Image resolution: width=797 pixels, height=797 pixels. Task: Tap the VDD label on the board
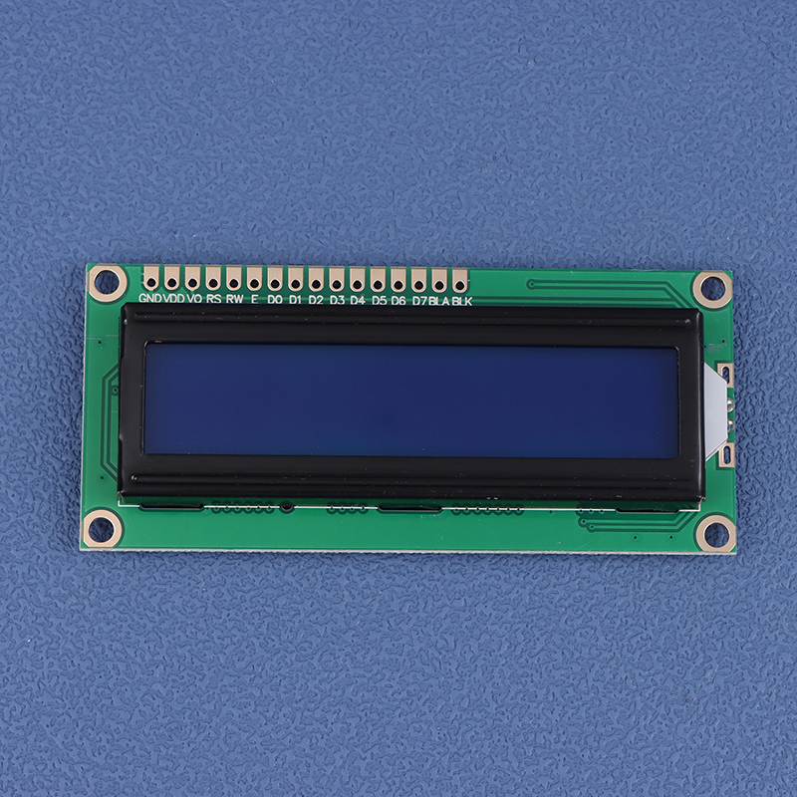173,298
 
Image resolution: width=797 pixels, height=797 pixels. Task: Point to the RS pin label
213,299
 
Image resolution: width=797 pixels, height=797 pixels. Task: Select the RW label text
234,299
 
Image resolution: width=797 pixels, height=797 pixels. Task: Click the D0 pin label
275,300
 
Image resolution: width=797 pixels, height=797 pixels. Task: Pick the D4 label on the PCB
358,300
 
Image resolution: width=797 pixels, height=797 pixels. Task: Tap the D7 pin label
419,301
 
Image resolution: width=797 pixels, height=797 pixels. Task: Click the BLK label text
462,301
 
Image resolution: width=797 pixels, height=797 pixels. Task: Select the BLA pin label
439,301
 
